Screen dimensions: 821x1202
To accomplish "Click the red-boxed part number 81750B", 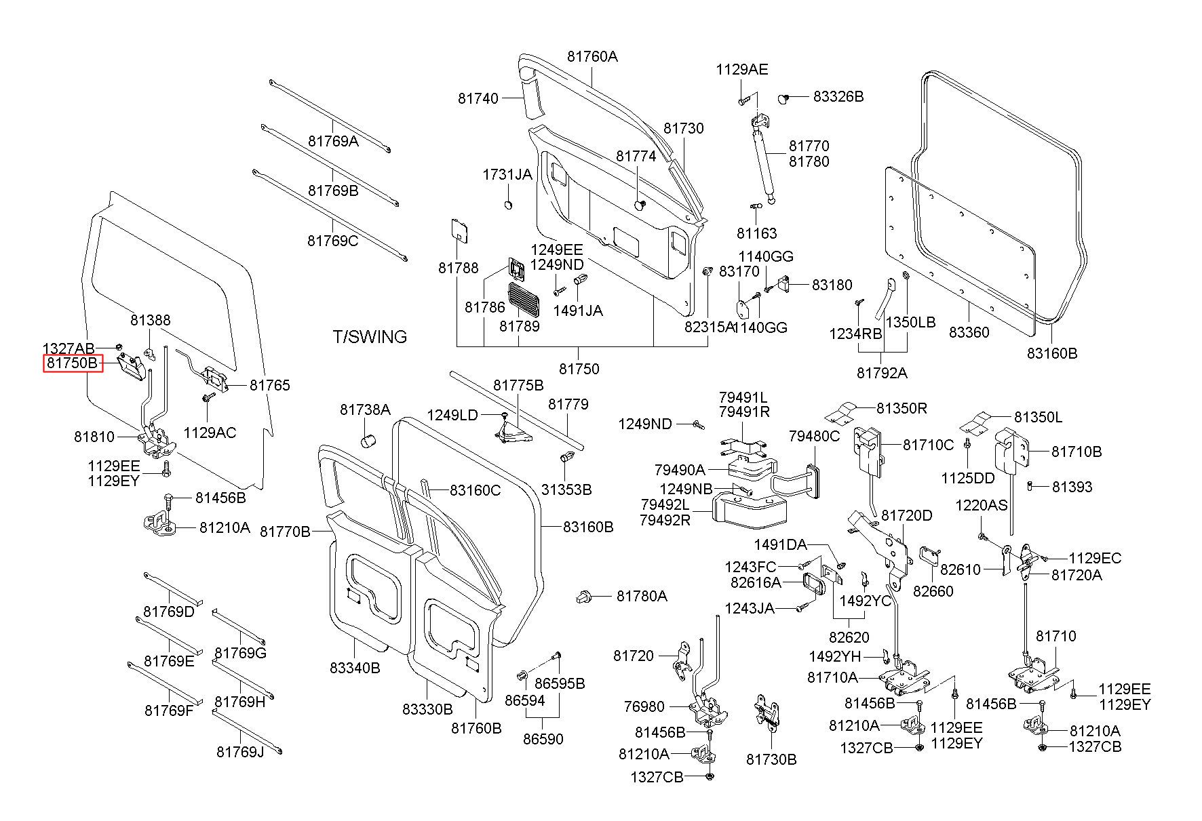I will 73,364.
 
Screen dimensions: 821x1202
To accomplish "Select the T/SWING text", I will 370,337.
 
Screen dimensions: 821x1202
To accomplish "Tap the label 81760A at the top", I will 592,56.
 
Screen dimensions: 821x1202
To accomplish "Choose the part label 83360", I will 969,332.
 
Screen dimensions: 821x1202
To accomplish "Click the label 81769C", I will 332,241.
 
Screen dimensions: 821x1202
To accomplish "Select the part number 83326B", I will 838,97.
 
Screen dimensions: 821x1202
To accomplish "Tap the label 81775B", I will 518,385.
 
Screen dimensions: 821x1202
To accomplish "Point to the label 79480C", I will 814,436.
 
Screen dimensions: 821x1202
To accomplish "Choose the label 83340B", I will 355,668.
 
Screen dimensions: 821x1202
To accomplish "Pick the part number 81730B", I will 771,759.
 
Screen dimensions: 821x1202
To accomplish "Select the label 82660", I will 933,591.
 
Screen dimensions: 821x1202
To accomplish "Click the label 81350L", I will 1038,418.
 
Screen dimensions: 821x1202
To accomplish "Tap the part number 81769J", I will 240,752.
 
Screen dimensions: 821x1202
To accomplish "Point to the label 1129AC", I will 210,433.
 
